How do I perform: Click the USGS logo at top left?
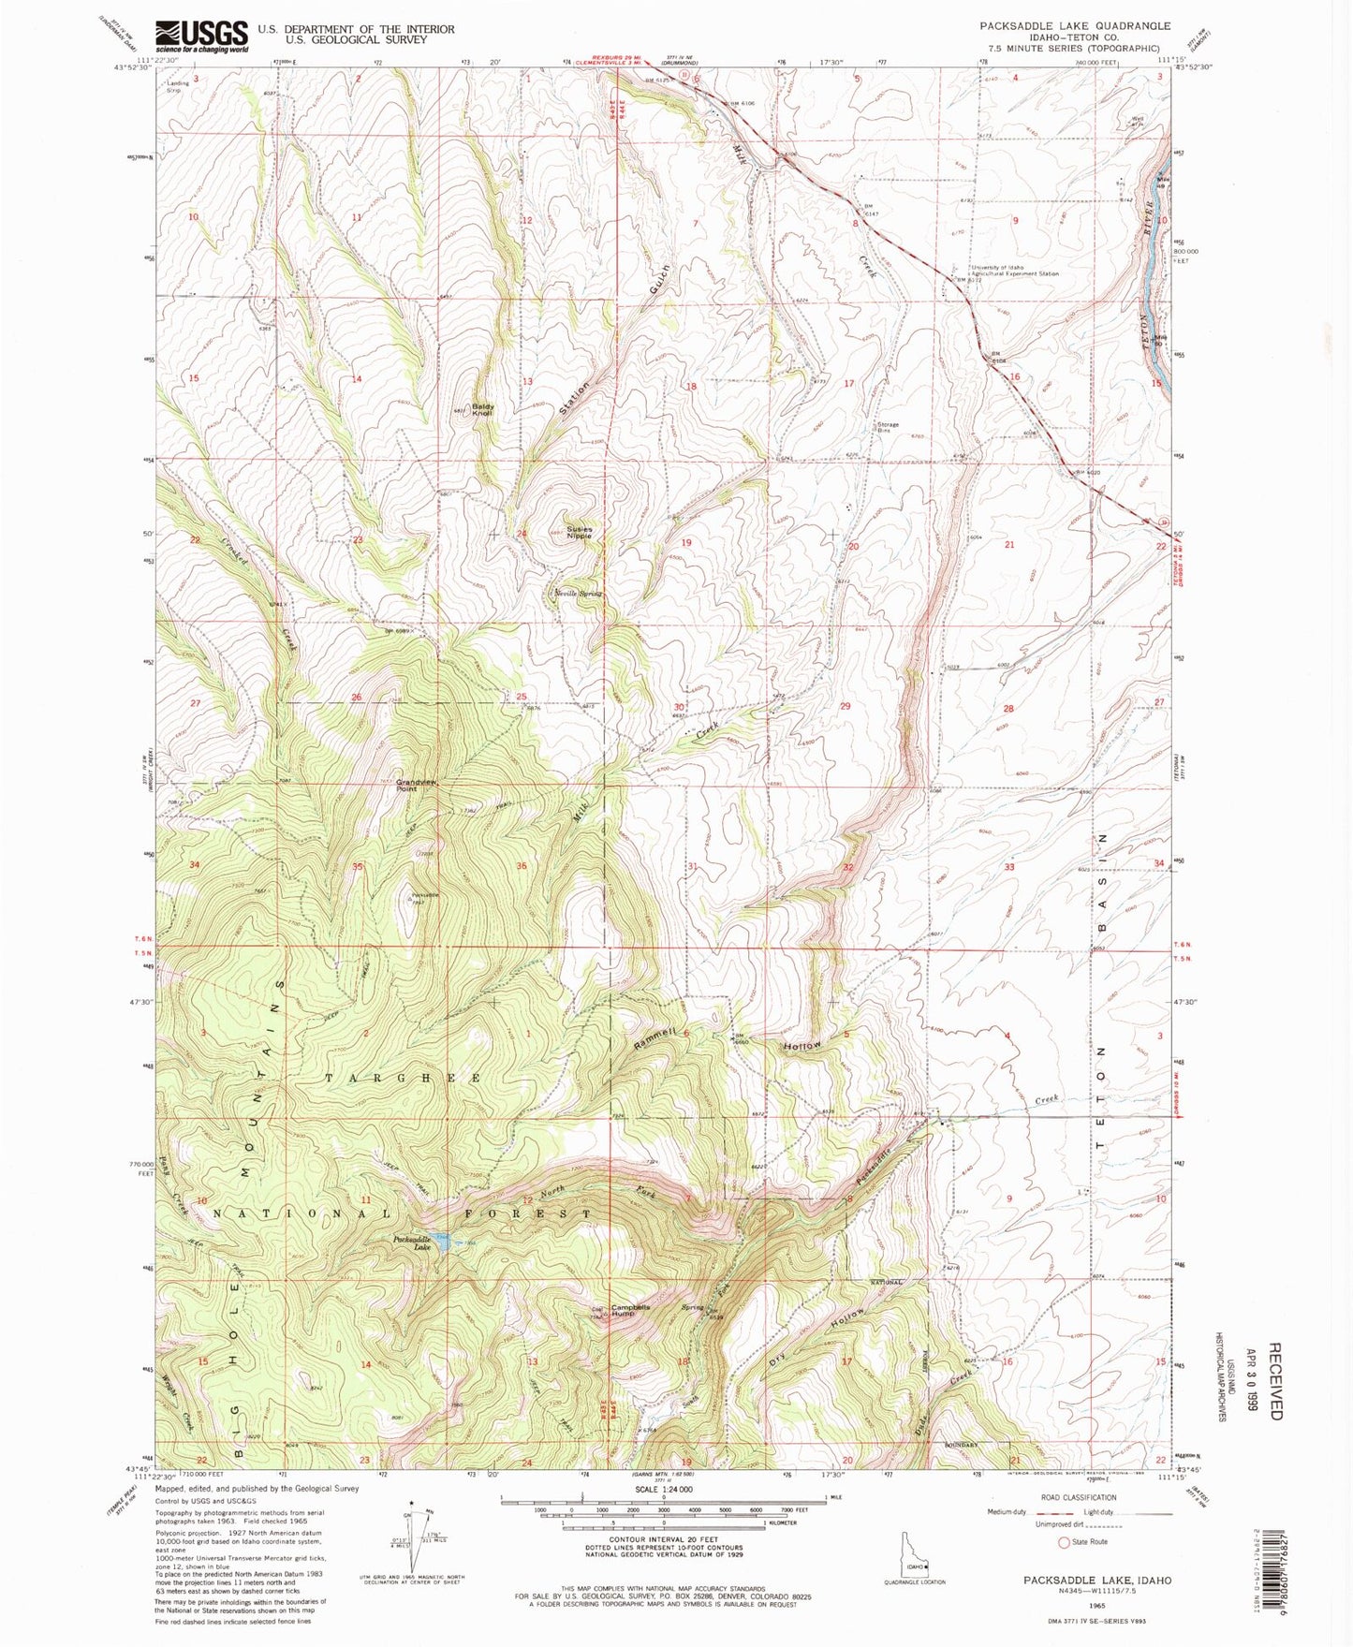point(201,37)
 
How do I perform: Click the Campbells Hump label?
point(637,1310)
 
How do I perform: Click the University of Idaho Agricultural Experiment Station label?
point(1015,271)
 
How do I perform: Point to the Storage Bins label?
point(888,427)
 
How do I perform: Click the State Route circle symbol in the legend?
point(1063,1542)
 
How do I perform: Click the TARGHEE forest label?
point(403,1079)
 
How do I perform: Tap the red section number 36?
point(522,866)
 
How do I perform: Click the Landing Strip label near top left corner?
point(178,85)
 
